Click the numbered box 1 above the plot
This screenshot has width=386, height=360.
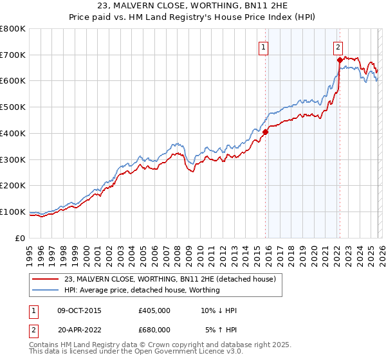click(x=264, y=46)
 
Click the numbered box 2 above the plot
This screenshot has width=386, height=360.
click(x=338, y=46)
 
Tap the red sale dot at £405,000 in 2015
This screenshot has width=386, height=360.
click(x=265, y=132)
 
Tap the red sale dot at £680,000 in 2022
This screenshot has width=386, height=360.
click(x=340, y=60)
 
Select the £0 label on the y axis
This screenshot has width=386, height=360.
click(x=21, y=238)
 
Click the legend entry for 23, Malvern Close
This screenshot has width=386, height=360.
click(x=170, y=279)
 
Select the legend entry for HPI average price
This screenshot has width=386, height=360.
click(x=142, y=290)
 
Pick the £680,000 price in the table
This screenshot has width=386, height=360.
click(x=154, y=330)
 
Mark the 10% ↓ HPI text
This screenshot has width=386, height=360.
click(x=219, y=310)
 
